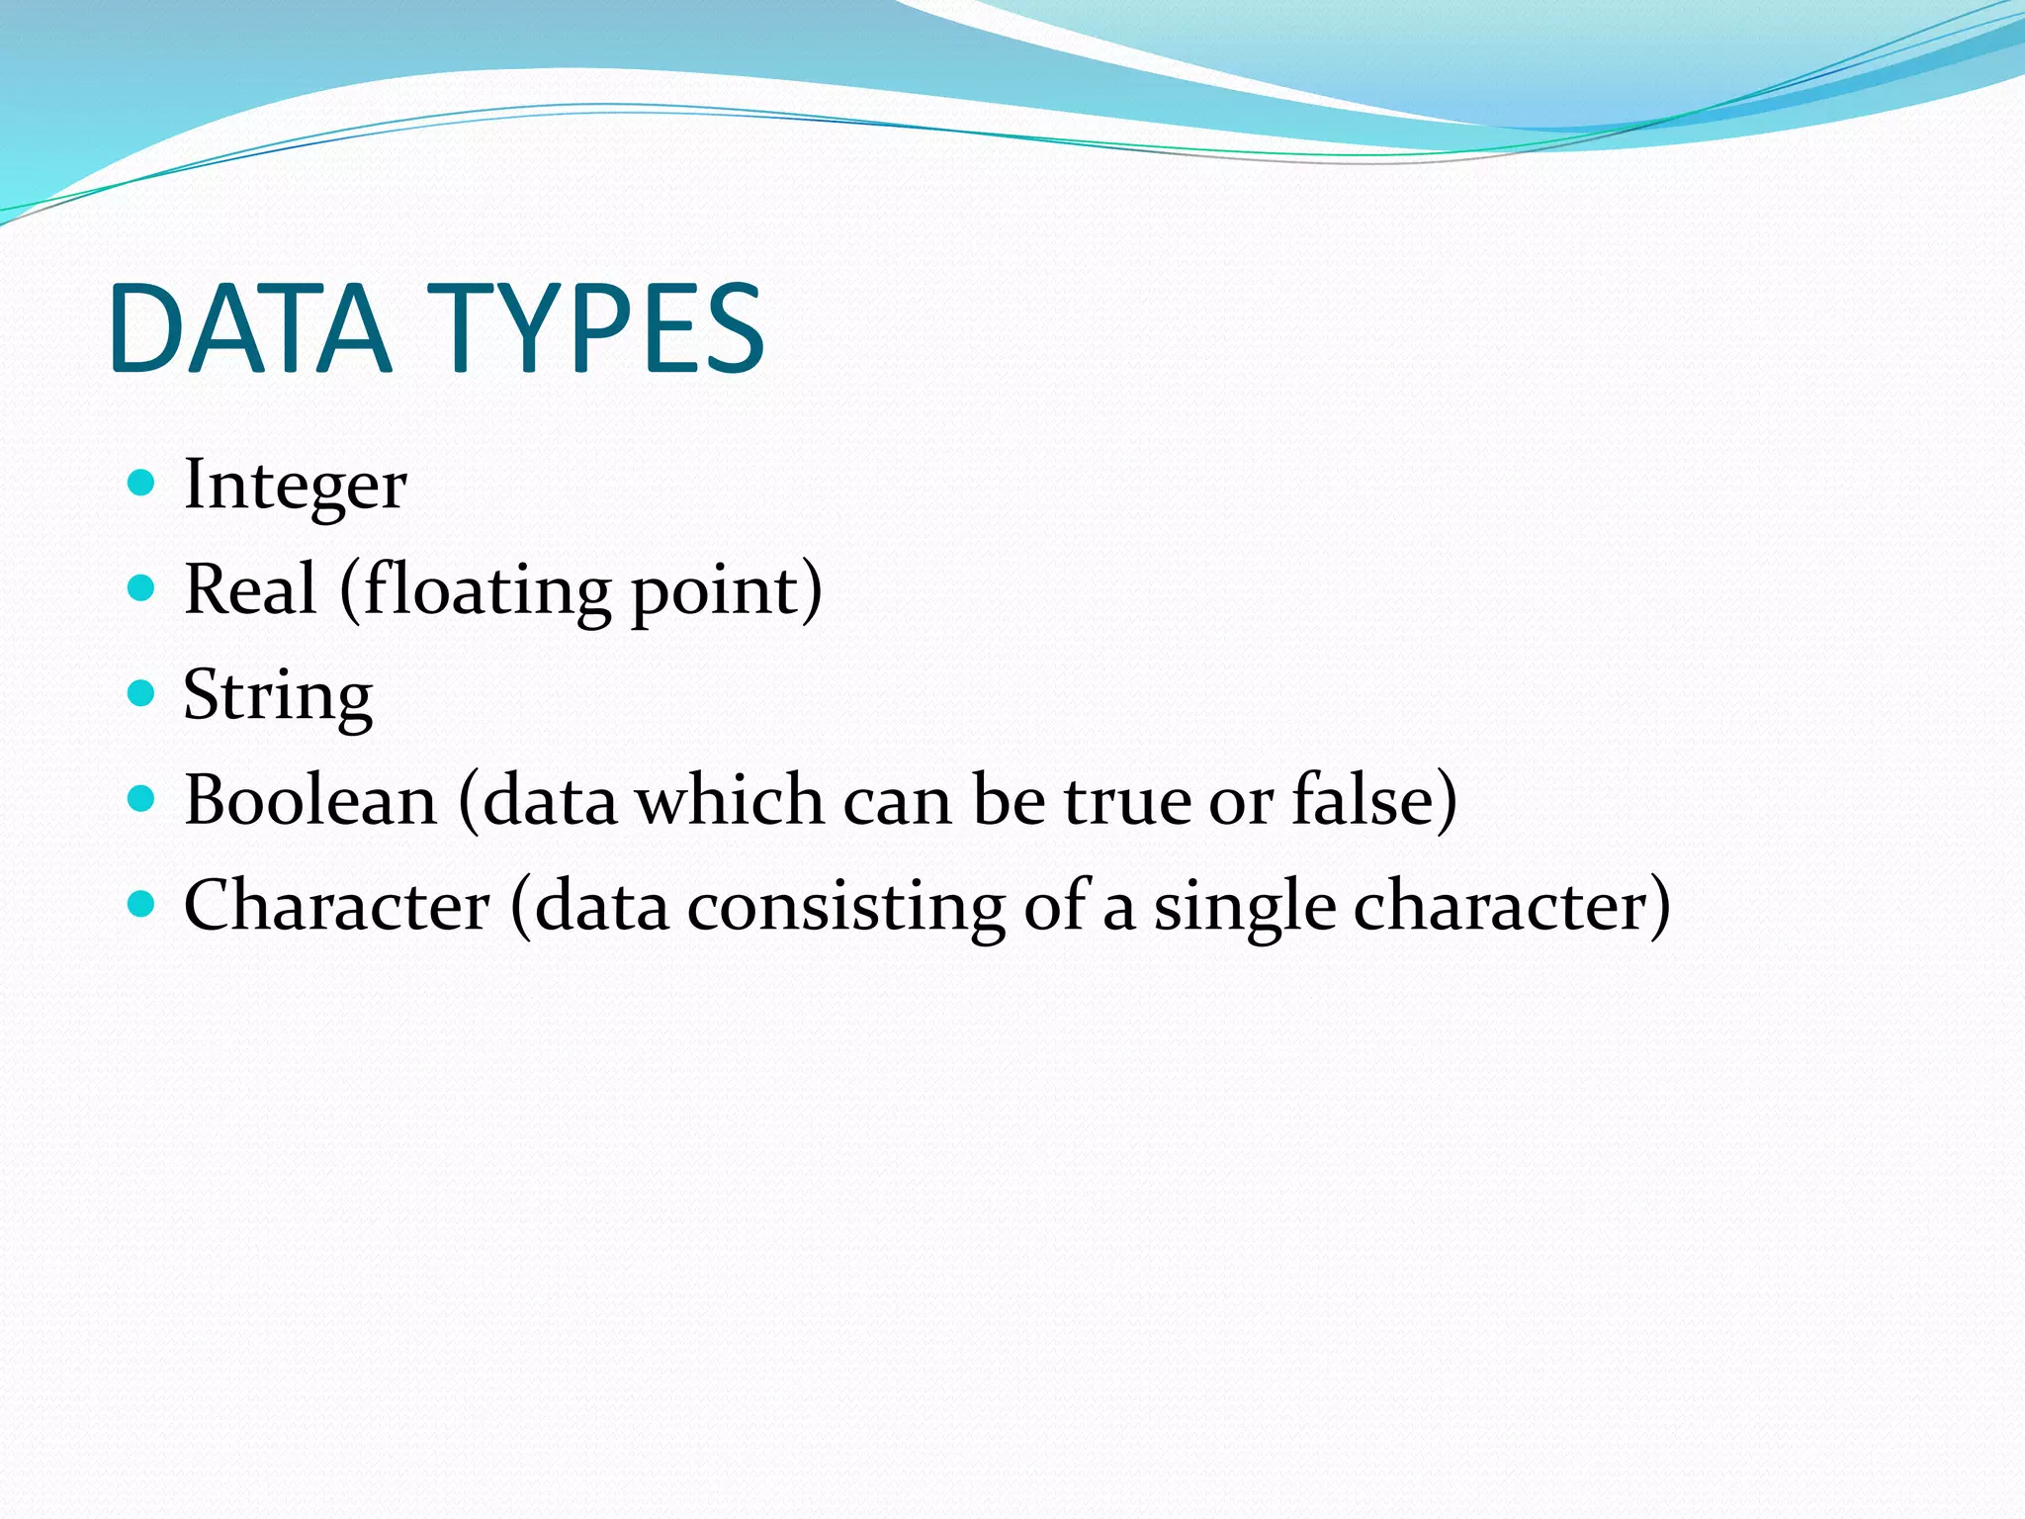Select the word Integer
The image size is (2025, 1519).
click(x=295, y=486)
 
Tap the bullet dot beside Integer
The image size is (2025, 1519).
click(x=142, y=483)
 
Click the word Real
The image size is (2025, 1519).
click(x=250, y=589)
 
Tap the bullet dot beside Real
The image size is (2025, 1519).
click(x=142, y=588)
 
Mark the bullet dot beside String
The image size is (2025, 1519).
click(x=142, y=693)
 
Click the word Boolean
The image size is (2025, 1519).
click(x=310, y=800)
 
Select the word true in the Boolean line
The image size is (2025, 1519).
click(x=1127, y=800)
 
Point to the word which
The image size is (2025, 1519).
click(x=730, y=800)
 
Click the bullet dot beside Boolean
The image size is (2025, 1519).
click(x=142, y=798)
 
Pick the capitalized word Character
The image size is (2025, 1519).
click(x=336, y=906)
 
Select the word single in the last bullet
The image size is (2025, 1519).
click(x=1245, y=908)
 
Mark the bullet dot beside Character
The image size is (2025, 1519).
click(x=142, y=903)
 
